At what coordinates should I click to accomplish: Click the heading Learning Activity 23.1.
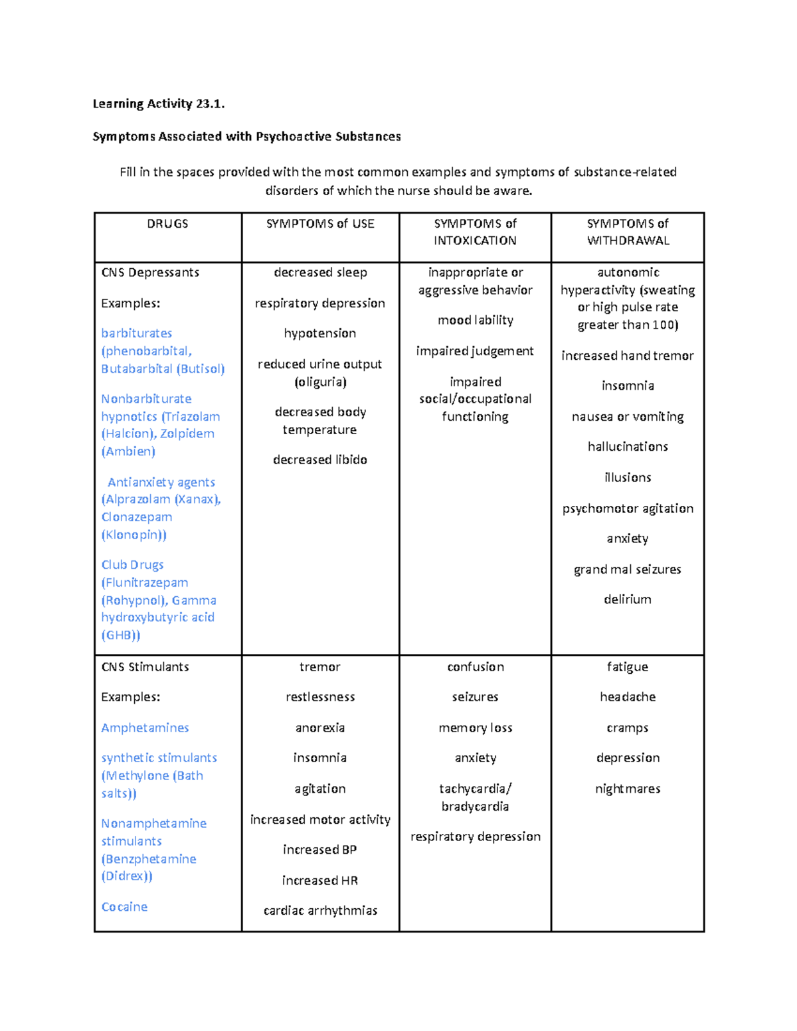pyautogui.click(x=159, y=104)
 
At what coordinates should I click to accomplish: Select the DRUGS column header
pyautogui.click(x=167, y=224)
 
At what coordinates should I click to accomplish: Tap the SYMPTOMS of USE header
pyautogui.click(x=320, y=224)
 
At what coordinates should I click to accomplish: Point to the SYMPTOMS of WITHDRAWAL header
pyautogui.click(x=628, y=232)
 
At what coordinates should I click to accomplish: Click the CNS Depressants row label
pyautogui.click(x=150, y=272)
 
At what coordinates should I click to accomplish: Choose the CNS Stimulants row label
pyautogui.click(x=145, y=667)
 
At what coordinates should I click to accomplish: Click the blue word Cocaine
pyautogui.click(x=124, y=906)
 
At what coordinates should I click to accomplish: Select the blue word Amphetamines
pyautogui.click(x=145, y=728)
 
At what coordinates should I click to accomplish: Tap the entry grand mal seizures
pyautogui.click(x=628, y=569)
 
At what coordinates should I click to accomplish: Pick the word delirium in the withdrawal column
pyautogui.click(x=628, y=599)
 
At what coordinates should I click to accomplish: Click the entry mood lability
pyautogui.click(x=476, y=320)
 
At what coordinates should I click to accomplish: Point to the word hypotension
pyautogui.click(x=320, y=333)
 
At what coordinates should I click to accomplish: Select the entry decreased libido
pyautogui.click(x=320, y=459)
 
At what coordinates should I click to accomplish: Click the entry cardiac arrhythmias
pyautogui.click(x=320, y=910)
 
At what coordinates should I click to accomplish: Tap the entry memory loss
pyautogui.click(x=476, y=728)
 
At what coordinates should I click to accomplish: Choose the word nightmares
pyautogui.click(x=628, y=789)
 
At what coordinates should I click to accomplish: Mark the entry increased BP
pyautogui.click(x=320, y=850)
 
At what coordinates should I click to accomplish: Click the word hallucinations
pyautogui.click(x=628, y=446)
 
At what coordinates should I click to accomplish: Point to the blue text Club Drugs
pyautogui.click(x=132, y=564)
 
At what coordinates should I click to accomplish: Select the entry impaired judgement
pyautogui.click(x=475, y=351)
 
